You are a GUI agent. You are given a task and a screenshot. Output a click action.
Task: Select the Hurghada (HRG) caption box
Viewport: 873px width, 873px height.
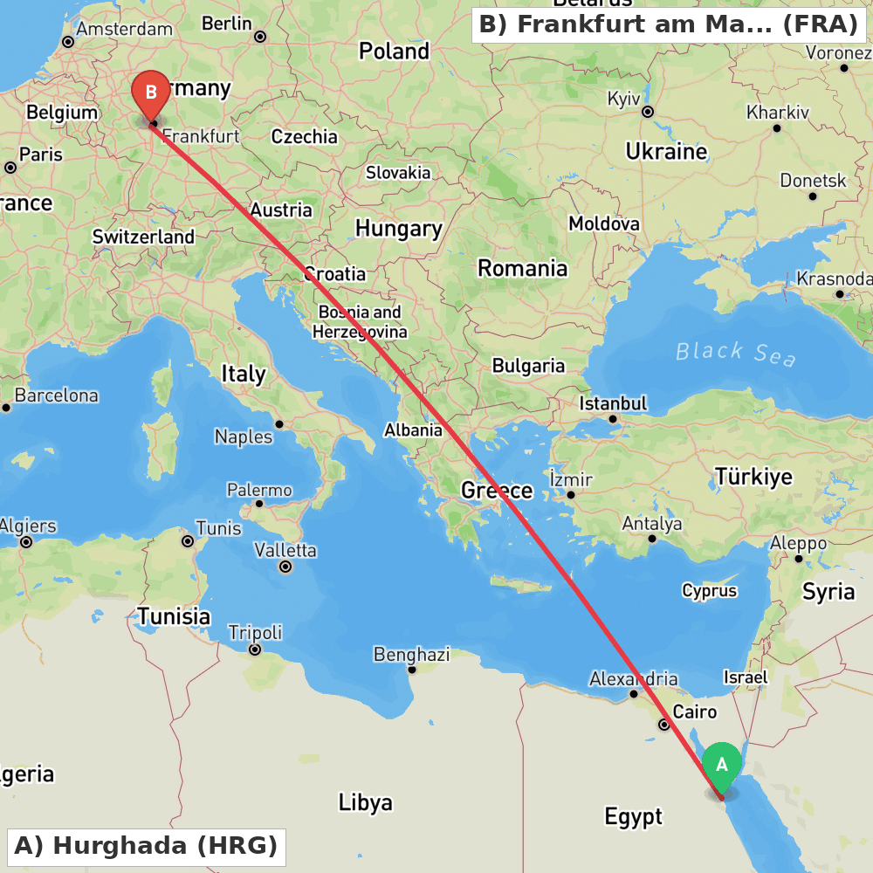(146, 846)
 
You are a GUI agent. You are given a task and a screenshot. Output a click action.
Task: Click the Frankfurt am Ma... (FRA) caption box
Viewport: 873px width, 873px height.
(669, 24)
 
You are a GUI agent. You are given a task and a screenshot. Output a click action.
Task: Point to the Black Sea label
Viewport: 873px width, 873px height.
(735, 353)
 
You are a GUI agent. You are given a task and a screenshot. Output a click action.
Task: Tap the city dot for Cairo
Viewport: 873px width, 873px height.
(664, 725)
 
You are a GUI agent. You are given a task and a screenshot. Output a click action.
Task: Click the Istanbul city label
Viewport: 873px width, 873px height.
(614, 403)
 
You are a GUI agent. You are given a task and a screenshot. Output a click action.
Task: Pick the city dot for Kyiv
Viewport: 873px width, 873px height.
(648, 112)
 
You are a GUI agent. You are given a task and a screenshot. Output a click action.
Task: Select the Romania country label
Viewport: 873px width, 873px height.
(522, 268)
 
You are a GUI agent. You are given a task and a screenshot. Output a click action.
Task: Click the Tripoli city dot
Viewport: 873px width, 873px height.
(255, 650)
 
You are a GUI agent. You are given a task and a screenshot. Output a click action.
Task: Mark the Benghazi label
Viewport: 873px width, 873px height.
(412, 654)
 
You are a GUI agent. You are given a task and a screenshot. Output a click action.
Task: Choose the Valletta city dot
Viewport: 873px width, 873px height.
(285, 567)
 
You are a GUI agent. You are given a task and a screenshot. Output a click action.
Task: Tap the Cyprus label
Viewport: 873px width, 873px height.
(710, 591)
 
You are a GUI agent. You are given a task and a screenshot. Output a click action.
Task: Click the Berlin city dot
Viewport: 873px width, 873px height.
(260, 37)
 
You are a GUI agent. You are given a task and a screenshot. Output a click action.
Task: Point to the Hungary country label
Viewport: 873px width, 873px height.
(398, 229)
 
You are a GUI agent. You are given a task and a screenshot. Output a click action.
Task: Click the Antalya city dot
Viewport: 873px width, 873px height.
(651, 539)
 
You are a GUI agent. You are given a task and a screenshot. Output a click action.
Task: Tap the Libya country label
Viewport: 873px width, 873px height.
(365, 802)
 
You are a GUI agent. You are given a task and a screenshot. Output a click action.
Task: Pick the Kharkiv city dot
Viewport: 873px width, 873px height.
(777, 128)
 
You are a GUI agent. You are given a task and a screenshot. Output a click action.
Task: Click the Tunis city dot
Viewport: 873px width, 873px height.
(188, 541)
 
